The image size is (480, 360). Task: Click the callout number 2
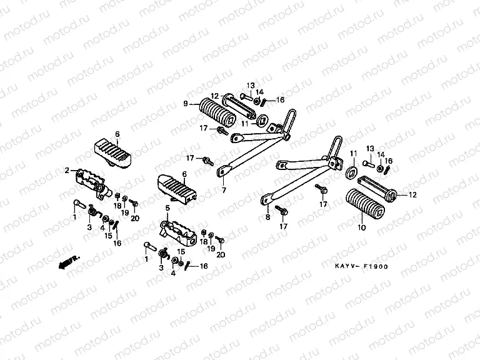[x=66, y=170]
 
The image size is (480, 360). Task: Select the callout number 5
[x=167, y=208]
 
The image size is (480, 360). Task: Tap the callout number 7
[x=223, y=189]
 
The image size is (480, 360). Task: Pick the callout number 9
[x=185, y=104]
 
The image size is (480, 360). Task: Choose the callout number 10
[x=361, y=229]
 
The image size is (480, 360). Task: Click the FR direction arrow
[x=63, y=263]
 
